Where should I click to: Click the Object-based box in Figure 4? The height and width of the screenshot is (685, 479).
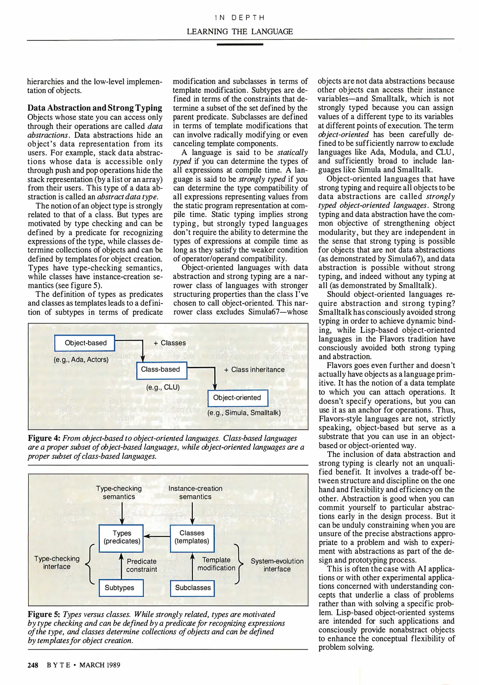85,343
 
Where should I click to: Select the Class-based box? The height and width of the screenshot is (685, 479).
162,370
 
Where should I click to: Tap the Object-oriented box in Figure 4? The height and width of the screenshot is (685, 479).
238,398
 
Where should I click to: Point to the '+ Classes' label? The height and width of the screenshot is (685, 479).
170,343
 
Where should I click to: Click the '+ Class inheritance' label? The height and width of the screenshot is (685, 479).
254,370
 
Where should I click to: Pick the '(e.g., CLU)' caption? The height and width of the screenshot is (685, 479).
163,387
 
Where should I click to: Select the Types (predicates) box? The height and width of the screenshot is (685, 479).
121,537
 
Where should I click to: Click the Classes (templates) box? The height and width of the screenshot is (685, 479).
192,537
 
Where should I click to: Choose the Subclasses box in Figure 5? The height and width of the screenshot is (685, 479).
192,588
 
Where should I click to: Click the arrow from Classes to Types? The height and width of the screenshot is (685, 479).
157,536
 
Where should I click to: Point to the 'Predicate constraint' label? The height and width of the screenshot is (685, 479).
142,565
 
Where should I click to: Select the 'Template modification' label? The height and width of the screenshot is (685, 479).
216,564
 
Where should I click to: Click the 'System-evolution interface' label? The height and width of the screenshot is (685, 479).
277,565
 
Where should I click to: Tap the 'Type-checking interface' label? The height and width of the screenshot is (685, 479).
57,563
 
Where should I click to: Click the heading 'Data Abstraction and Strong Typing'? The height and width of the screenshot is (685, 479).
95,108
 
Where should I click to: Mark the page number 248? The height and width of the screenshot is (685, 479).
33,665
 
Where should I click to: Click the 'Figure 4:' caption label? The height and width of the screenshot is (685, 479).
44,438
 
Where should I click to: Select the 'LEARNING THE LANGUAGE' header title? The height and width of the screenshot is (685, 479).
240,32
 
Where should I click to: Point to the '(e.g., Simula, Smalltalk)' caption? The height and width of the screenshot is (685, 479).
244,413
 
